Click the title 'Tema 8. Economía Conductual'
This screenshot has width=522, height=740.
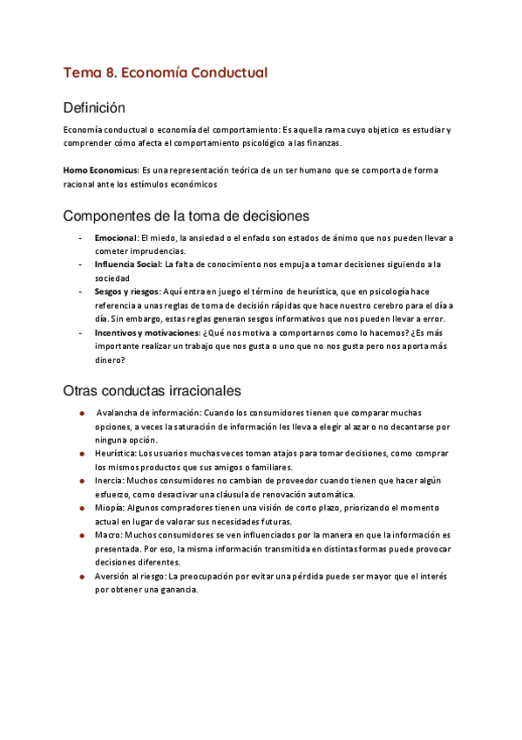click(165, 72)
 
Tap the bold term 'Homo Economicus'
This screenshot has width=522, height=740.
click(101, 169)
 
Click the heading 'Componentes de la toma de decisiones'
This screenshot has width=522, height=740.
click(186, 216)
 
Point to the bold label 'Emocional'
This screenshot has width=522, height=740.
click(116, 237)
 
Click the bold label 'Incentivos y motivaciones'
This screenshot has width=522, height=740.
click(146, 332)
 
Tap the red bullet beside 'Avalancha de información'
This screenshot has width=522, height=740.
click(81, 413)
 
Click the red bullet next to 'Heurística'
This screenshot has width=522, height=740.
click(81, 454)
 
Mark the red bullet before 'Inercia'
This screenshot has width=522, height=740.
click(81, 480)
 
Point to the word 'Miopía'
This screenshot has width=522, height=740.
click(111, 507)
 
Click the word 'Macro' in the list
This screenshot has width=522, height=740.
click(108, 534)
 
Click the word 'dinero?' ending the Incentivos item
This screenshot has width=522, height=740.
click(112, 359)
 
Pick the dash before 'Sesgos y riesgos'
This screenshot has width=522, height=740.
click(80, 291)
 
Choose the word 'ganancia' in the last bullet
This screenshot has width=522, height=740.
click(179, 589)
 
